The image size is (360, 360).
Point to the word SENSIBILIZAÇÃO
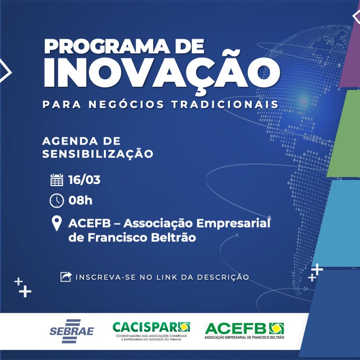[x=98, y=154]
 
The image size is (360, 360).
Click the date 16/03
[x=84, y=180]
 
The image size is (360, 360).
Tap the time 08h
[x=80, y=201]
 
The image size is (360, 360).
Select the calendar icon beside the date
[x=57, y=180]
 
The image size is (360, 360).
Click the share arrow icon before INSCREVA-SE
[x=66, y=277]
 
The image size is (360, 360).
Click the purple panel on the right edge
[x=351, y=54]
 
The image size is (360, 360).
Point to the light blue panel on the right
[x=338, y=223]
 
